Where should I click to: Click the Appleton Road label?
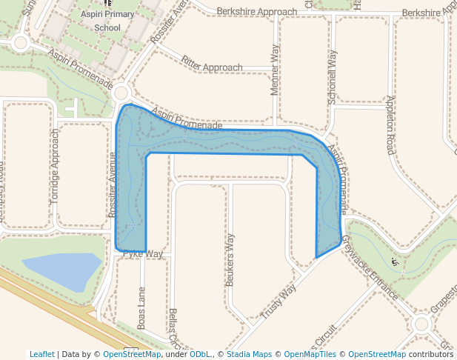pos(390,124)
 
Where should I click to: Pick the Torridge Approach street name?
pos(54,167)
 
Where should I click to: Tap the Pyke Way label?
pos(142,254)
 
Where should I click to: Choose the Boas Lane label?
pos(141,308)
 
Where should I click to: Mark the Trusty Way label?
pos(278,301)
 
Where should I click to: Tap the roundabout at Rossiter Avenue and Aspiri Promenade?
pos(121,93)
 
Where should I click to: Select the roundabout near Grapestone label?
pos(421,323)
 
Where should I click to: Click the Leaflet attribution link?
pos(42,354)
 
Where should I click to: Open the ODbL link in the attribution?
pos(199,354)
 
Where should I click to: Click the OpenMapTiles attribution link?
pos(311,354)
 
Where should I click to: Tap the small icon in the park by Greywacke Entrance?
pos(395,261)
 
